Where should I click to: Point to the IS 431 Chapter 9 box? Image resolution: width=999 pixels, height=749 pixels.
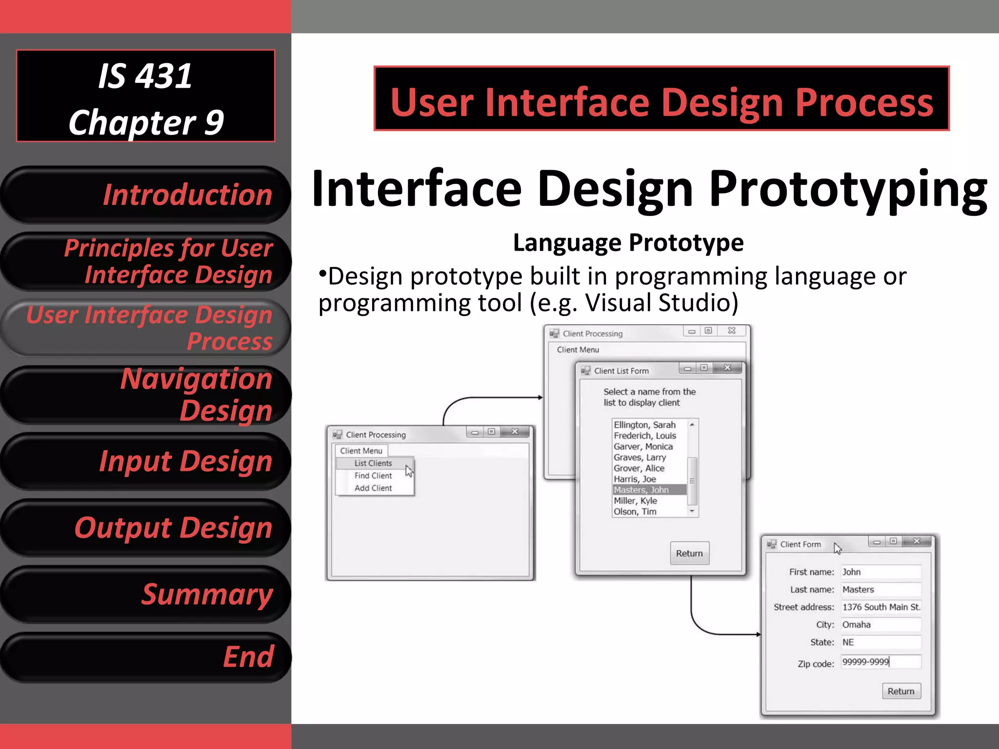[x=145, y=96]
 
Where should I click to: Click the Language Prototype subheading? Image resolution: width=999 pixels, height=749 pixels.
[x=628, y=243]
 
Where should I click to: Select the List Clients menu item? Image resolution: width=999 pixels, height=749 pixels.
[x=373, y=463]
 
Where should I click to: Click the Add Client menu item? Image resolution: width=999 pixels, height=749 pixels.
[x=373, y=488]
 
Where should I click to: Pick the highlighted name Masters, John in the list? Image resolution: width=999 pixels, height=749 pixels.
[x=641, y=490]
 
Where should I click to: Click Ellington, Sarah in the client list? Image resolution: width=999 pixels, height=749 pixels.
[x=644, y=425]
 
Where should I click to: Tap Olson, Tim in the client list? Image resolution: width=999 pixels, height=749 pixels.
[x=635, y=512]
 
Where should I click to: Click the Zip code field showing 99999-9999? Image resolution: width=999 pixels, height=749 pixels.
[x=880, y=662]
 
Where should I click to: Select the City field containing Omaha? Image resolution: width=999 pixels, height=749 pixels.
[x=880, y=625]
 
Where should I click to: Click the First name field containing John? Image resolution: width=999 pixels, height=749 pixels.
[x=880, y=572]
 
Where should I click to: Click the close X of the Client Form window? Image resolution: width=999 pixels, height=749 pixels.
[x=917, y=541]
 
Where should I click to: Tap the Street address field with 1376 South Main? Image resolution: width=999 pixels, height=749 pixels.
[x=880, y=607]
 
